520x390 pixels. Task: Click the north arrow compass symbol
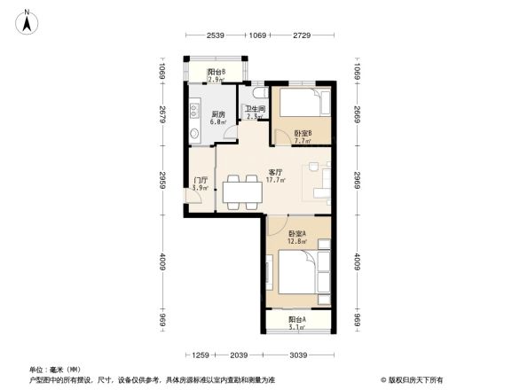point(28,20)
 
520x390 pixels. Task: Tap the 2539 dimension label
point(216,35)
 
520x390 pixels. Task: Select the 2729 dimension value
point(303,35)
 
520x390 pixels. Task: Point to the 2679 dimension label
point(163,115)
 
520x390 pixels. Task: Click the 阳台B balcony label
point(215,72)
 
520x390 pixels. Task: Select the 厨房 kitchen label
point(217,113)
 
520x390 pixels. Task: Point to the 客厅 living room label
point(275,172)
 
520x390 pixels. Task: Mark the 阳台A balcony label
point(297,319)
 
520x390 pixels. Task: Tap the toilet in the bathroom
point(256,92)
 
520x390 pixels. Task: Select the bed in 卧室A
point(297,269)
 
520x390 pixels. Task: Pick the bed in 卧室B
point(302,106)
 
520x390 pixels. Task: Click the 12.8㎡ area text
point(297,241)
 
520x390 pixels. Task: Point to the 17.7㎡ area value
point(275,180)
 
